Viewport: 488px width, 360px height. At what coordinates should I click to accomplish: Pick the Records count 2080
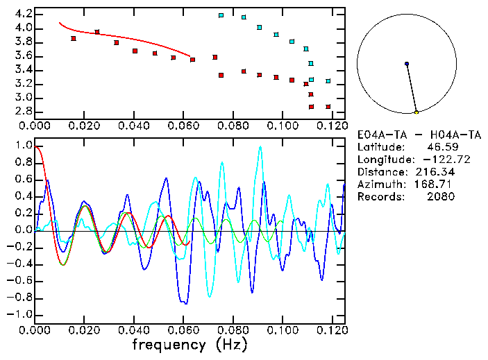pos(441,197)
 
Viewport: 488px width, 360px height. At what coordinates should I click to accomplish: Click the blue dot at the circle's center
pos(407,64)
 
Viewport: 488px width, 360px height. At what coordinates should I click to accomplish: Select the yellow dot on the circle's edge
pos(417,112)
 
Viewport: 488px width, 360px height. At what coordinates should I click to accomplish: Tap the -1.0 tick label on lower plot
pos(21,314)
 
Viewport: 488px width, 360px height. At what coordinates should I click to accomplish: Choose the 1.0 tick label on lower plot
pos(24,146)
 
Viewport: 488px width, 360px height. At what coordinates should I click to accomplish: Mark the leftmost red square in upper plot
pos(74,39)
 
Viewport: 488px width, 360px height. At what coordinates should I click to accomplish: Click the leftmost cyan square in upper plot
pos(221,15)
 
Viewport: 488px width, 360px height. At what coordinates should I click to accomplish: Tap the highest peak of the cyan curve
pos(260,147)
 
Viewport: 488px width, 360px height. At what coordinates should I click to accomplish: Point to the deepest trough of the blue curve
pos(185,303)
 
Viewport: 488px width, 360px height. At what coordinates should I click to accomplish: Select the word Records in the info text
pos(376,197)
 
